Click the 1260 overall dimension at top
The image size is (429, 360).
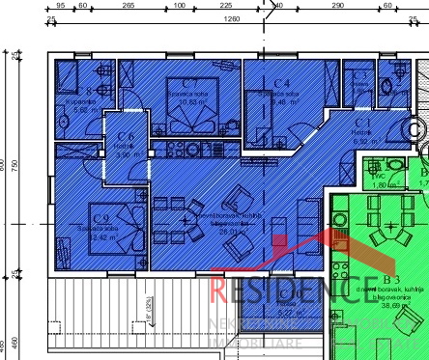[231, 18]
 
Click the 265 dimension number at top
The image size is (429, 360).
[129, 6]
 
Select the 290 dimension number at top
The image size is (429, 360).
[337, 6]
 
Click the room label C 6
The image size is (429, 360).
[126, 138]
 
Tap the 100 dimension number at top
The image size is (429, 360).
[180, 6]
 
